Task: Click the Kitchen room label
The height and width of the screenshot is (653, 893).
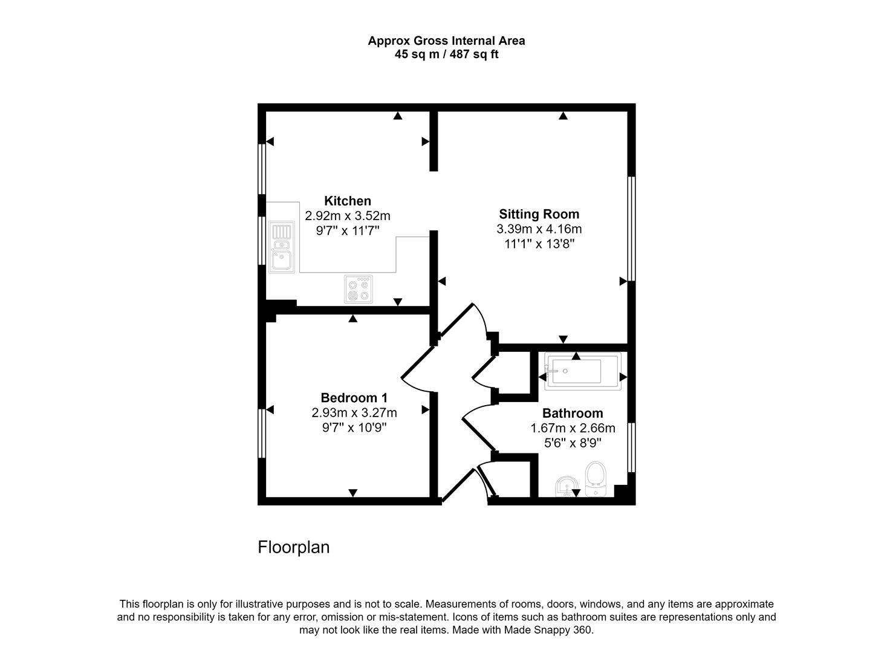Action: point(348,201)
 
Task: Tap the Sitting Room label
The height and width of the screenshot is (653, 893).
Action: point(539,214)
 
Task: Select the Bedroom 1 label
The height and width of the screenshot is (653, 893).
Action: point(354,398)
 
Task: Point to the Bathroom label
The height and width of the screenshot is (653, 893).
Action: point(572,414)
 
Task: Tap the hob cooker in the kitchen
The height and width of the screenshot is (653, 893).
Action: point(359,289)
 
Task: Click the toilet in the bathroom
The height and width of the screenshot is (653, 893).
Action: point(596,479)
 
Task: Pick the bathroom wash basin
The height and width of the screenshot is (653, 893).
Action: point(566,486)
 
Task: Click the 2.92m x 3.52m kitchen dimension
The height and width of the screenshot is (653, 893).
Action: point(348,216)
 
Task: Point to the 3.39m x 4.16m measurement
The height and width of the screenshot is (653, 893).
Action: point(539,229)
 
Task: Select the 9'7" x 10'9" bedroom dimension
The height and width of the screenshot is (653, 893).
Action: point(354,428)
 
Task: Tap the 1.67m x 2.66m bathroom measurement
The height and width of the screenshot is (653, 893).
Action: point(572,428)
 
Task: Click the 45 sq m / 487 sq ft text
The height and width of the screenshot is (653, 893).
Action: point(446,54)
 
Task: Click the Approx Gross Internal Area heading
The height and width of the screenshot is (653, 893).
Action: point(446,41)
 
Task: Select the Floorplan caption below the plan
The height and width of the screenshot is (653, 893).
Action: point(293,547)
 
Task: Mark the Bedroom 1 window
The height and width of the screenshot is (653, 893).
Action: point(262,434)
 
